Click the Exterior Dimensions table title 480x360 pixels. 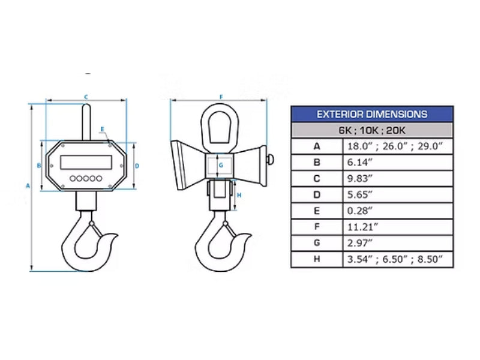point(371,114)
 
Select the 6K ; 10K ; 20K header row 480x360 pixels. point(371,130)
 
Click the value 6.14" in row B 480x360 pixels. point(361,162)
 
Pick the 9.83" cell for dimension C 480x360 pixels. point(361,178)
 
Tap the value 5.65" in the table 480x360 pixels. point(361,194)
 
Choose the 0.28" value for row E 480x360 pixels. point(361,211)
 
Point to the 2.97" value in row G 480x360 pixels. point(361,244)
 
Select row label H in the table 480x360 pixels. point(317,260)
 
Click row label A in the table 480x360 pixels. point(317,146)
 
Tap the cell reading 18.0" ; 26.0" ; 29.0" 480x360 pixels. point(395,146)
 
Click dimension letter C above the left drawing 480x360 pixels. point(86,96)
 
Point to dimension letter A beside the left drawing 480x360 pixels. point(28,186)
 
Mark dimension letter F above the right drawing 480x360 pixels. point(221,96)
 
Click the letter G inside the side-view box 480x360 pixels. point(220,164)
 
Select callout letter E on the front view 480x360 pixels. point(103,129)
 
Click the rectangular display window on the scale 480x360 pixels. point(85,162)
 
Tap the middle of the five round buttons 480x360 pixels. point(85,178)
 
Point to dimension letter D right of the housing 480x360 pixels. point(137,166)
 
